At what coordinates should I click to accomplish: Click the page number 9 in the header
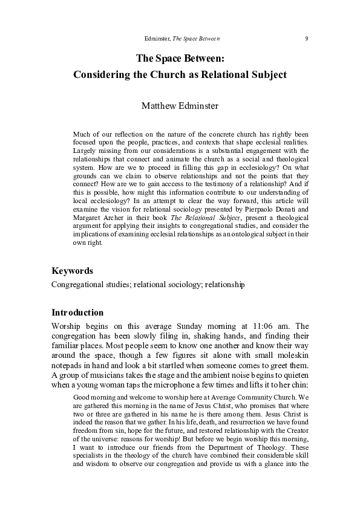point(307,39)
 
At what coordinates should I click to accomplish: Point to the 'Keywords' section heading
point(72,271)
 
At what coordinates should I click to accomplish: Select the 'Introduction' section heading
point(77,313)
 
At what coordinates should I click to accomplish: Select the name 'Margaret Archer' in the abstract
point(99,234)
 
